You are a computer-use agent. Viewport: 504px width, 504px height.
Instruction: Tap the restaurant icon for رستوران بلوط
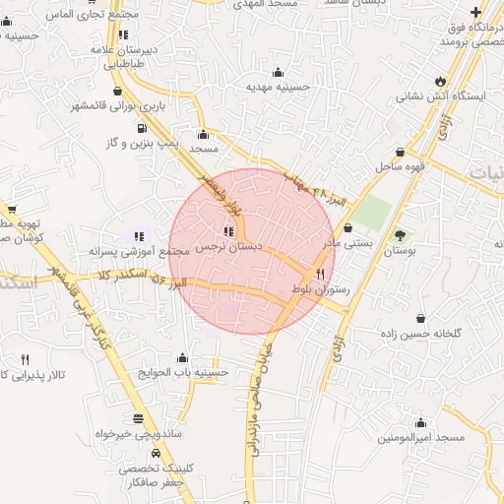(320, 274)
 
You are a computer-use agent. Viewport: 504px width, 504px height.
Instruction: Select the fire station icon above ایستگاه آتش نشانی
(439, 82)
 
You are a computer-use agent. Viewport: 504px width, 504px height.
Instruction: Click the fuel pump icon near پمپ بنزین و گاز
(143, 128)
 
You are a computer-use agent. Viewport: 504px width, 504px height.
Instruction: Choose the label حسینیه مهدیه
(279, 87)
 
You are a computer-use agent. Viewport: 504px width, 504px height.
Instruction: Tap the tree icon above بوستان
(400, 234)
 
